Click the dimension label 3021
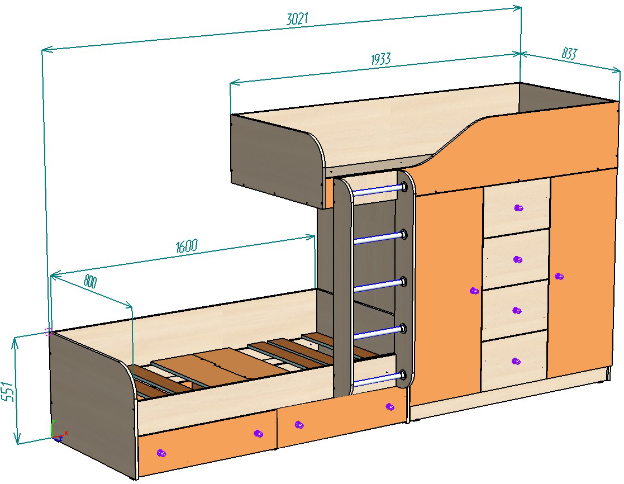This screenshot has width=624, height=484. click(x=297, y=18)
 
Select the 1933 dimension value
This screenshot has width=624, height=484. click(x=380, y=59)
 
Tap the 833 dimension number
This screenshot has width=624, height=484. click(x=569, y=54)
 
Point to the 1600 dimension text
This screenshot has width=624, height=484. click(x=187, y=246)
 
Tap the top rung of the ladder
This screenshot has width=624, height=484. click(x=378, y=189)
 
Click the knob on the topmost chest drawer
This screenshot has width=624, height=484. click(x=518, y=208)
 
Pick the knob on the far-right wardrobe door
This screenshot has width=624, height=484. click(x=559, y=276)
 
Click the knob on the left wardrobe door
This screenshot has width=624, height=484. click(x=474, y=291)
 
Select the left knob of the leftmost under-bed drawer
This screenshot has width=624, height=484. click(x=161, y=453)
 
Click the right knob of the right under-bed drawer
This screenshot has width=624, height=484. click(x=389, y=406)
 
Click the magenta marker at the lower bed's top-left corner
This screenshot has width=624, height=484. click(x=48, y=331)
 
